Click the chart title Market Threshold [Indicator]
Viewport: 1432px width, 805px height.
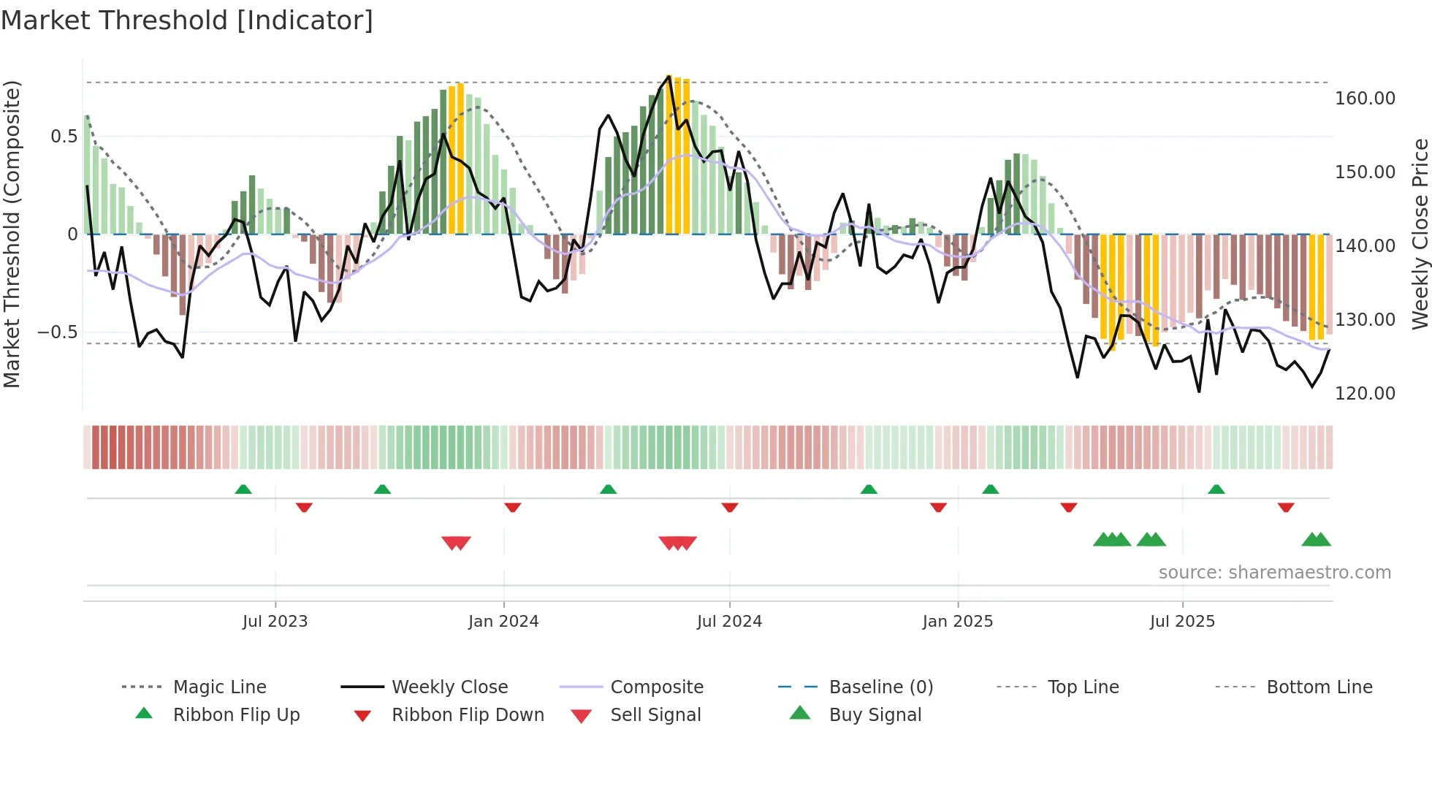pos(187,20)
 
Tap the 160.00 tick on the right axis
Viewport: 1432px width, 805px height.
pos(1365,99)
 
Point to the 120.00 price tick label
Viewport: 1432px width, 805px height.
pos(1365,394)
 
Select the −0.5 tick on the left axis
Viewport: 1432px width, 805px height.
pos(57,332)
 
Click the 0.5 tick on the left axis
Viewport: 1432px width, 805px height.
pos(64,137)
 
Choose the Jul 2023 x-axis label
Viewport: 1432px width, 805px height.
pos(275,622)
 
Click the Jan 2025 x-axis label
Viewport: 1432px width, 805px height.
pos(957,622)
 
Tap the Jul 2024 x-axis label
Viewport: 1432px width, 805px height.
pos(729,622)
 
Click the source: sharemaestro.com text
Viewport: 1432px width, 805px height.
pos(1274,573)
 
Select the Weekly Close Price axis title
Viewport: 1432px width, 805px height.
pos(1420,234)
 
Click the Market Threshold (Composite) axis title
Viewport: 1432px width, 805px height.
pos(12,234)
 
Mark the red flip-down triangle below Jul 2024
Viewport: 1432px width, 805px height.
pos(729,507)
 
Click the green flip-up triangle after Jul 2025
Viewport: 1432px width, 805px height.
pos(1216,489)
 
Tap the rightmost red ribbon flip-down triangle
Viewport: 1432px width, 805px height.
pos(1286,507)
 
